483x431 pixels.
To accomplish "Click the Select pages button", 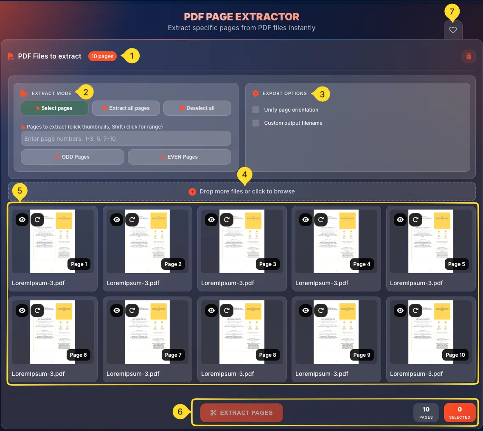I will click(55, 108).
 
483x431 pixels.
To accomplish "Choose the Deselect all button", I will click(197, 108).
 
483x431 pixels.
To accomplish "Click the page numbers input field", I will click(126, 139).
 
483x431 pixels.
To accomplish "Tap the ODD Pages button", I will click(73, 157).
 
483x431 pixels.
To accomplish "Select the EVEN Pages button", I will click(179, 157).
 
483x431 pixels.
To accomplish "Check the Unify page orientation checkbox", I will click(256, 110).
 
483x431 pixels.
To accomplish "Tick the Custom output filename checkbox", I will click(256, 123).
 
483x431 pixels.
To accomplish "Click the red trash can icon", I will click(469, 56).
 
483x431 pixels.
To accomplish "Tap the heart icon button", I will click(453, 30).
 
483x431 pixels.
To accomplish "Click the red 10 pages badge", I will click(102, 56).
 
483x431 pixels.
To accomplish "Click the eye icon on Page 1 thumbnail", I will click(22, 219).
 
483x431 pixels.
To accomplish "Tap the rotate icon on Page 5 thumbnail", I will click(416, 219).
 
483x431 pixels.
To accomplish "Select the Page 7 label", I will click(173, 355).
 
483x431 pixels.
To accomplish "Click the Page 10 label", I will click(455, 355).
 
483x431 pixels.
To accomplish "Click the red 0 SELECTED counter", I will click(460, 412).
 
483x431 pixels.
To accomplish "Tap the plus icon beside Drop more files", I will click(192, 192).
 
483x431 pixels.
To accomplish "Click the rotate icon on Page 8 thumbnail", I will click(227, 311).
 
